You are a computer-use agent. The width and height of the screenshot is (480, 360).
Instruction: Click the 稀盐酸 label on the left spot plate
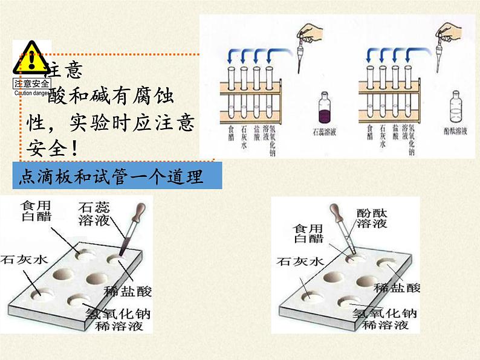pyautogui.click(x=128, y=291)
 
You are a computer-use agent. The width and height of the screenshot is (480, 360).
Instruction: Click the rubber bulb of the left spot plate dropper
pyautogui.click(x=141, y=213)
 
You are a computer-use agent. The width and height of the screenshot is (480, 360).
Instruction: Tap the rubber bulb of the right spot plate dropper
pyautogui.click(x=336, y=211)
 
